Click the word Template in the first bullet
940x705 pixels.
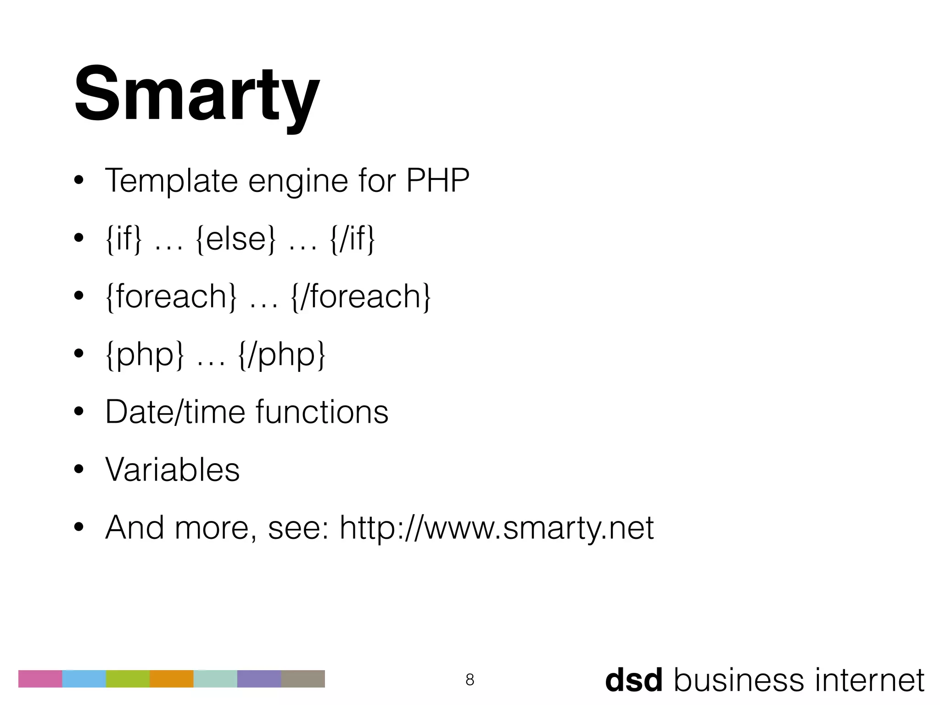(x=171, y=181)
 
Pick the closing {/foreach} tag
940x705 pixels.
(x=361, y=297)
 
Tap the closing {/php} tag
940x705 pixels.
(x=282, y=354)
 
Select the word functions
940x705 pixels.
(x=322, y=412)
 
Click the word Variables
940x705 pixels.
(x=173, y=470)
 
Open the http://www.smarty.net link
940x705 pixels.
(x=497, y=528)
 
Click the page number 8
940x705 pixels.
(x=470, y=679)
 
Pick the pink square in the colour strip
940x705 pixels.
(x=40, y=679)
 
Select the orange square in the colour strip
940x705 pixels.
(x=172, y=679)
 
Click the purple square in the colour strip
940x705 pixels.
(x=259, y=679)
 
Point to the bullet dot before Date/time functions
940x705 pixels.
(x=78, y=412)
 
